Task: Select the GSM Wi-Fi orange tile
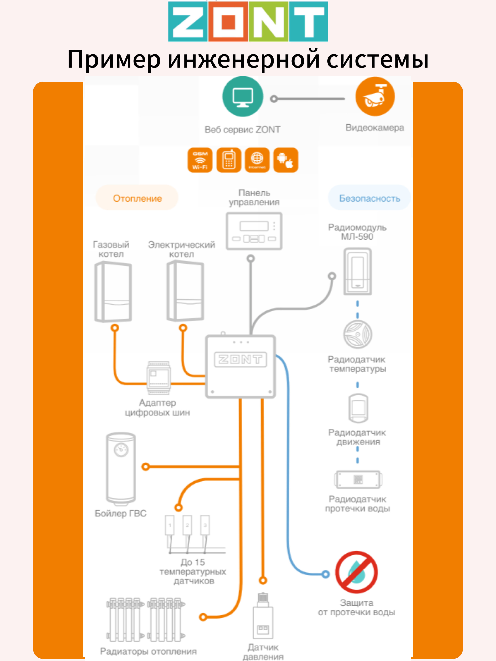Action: coord(200,160)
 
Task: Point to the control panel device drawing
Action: coord(254,231)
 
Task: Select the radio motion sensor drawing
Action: coord(358,408)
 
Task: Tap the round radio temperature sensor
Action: coord(358,334)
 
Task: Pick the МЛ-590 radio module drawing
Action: coord(358,271)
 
